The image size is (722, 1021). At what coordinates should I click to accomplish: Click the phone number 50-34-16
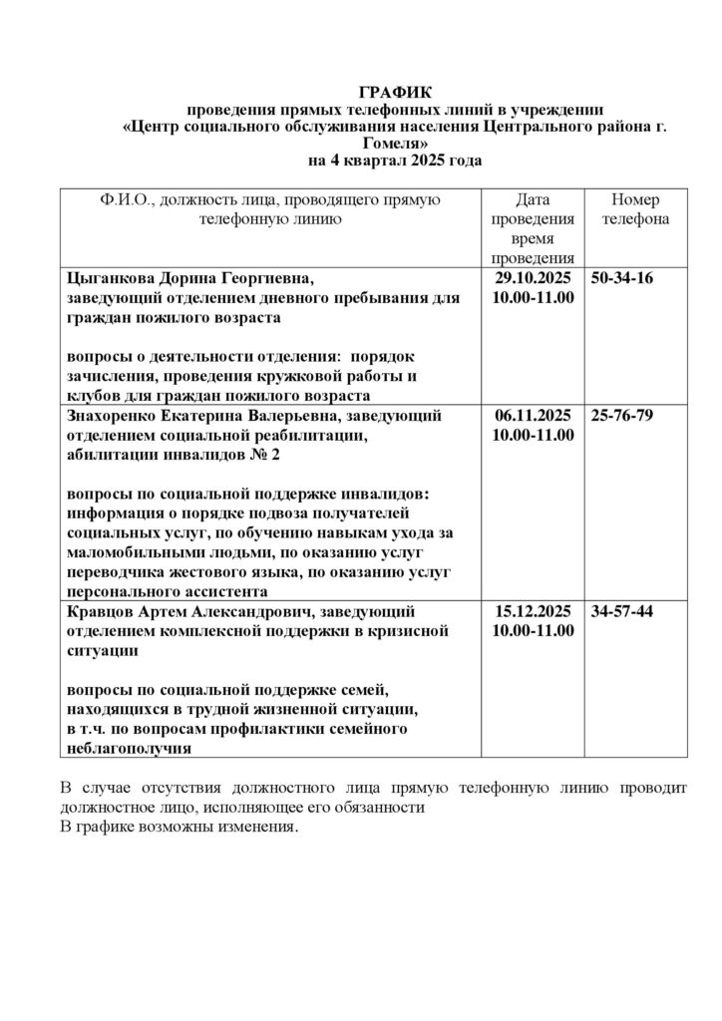tap(622, 278)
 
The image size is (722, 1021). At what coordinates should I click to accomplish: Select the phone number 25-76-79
tap(622, 416)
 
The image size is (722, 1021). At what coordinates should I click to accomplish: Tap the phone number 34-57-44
tap(622, 611)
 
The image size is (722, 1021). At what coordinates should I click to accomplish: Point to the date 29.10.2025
tap(534, 278)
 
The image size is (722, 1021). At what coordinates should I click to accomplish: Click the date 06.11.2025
tap(534, 416)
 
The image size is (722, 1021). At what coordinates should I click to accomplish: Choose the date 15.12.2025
tap(534, 611)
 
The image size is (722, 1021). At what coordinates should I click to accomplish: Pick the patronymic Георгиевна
tap(270, 278)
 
